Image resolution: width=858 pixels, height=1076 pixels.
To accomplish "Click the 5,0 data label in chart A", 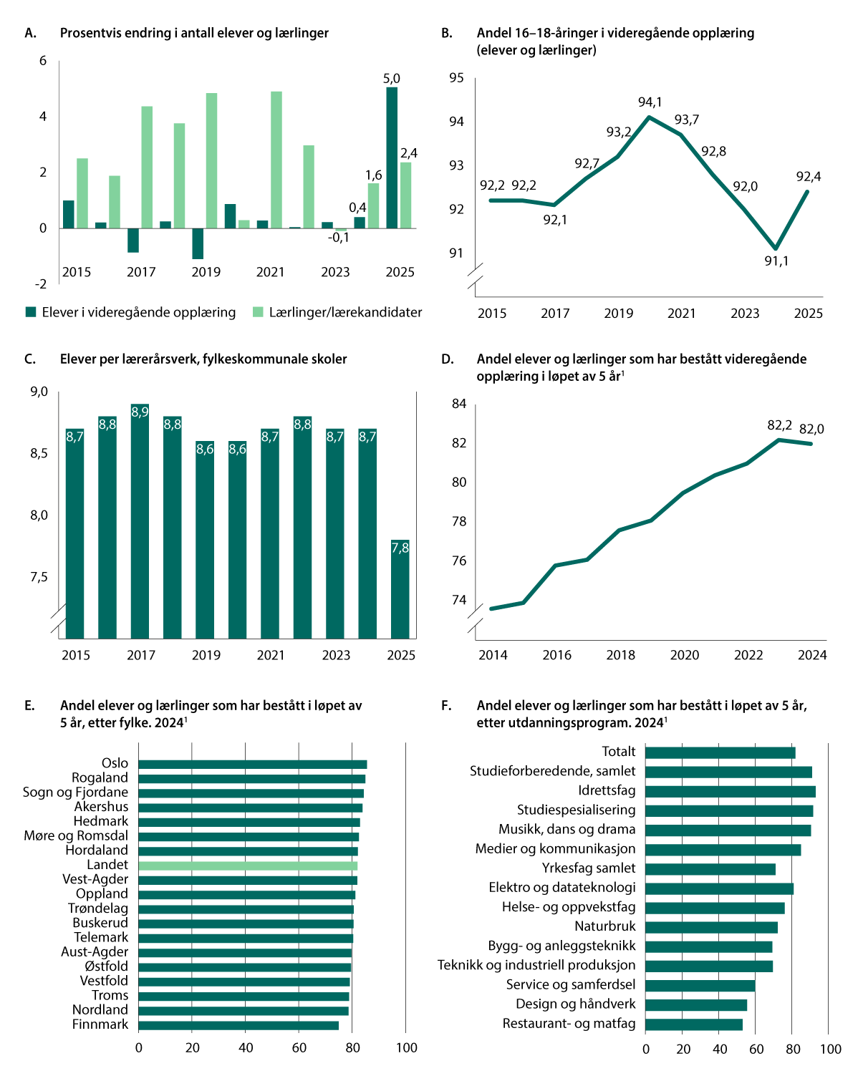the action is tap(391, 79).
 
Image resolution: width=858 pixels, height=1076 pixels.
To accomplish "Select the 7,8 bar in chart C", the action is tap(400, 589).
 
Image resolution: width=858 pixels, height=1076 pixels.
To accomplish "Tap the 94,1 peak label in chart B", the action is tap(650, 102).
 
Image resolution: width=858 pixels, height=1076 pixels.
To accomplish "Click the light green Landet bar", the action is tap(248, 866).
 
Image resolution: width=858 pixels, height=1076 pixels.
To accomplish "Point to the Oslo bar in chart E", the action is tap(253, 764).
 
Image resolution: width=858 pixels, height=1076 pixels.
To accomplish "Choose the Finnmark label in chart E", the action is tap(100, 1024).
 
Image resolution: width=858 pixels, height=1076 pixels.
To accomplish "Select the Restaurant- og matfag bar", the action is tap(693, 1024).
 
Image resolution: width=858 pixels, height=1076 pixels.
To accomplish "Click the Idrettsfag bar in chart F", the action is tap(730, 791).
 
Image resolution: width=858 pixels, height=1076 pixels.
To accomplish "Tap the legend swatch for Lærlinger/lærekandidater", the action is tap(258, 312).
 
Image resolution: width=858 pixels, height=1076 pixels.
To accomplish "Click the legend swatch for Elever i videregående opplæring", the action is tap(31, 312).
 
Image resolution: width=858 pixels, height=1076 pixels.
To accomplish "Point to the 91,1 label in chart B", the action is tap(776, 261).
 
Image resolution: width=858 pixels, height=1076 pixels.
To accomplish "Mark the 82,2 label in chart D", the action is tap(779, 425).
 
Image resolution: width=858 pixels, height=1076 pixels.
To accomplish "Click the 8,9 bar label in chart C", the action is tap(140, 412).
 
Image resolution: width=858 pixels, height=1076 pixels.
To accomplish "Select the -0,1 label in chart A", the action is tap(338, 238).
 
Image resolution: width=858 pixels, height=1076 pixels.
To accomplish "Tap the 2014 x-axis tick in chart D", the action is tap(493, 655).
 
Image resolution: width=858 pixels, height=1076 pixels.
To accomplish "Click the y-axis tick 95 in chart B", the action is tap(456, 78).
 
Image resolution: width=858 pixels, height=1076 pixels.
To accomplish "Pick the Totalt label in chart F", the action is tap(618, 752).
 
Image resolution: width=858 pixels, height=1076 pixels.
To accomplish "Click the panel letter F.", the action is tap(446, 705).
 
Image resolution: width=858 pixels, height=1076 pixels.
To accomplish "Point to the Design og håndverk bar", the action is tap(696, 1004).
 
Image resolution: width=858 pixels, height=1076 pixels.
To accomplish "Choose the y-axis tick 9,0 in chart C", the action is tap(39, 392).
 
